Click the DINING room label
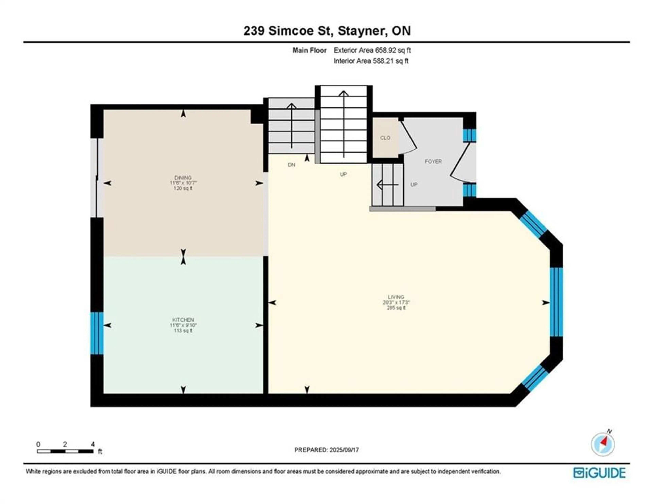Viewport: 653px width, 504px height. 183,178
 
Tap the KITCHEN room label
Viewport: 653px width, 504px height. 183,320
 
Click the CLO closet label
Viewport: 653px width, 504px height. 385,138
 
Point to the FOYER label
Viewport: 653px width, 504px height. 433,161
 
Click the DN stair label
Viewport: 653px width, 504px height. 291,165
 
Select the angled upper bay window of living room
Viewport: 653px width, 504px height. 533,224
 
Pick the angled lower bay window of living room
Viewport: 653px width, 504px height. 535,378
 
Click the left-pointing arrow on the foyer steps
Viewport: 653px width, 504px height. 387,185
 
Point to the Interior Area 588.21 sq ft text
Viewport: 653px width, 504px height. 371,61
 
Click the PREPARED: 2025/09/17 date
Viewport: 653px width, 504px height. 326,450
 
